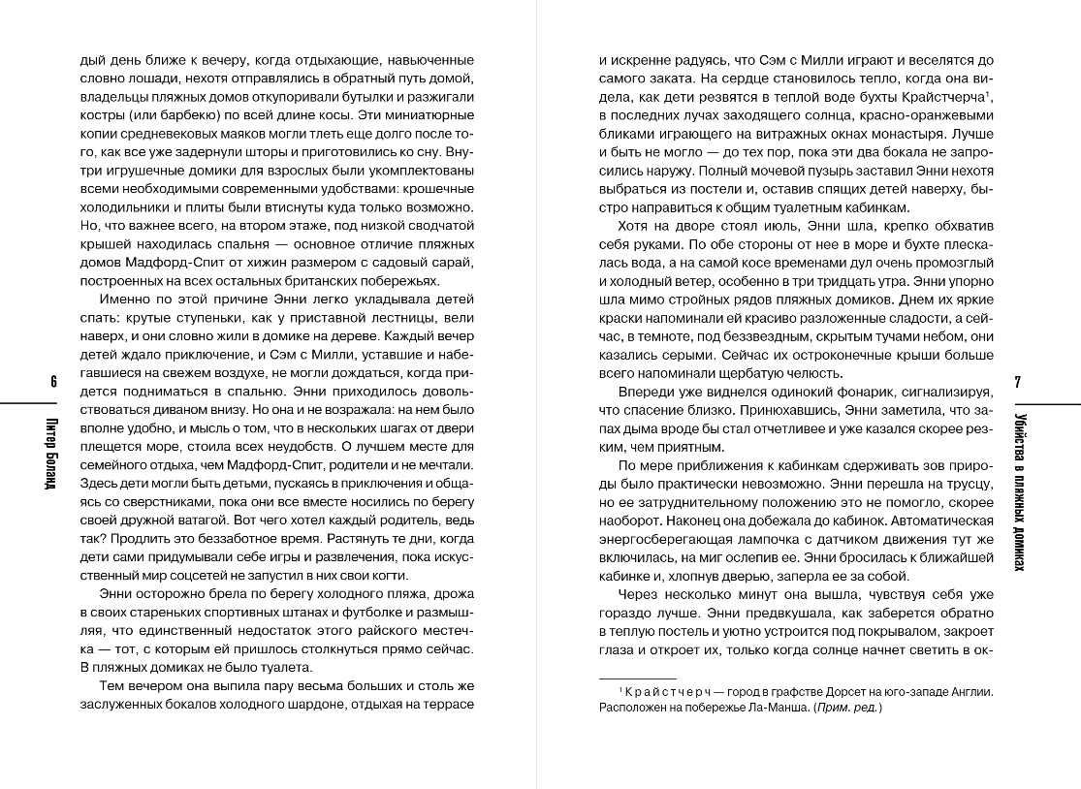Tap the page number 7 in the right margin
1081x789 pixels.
point(1017,381)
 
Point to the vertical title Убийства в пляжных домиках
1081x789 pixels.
point(1018,490)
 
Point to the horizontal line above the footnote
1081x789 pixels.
point(638,678)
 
